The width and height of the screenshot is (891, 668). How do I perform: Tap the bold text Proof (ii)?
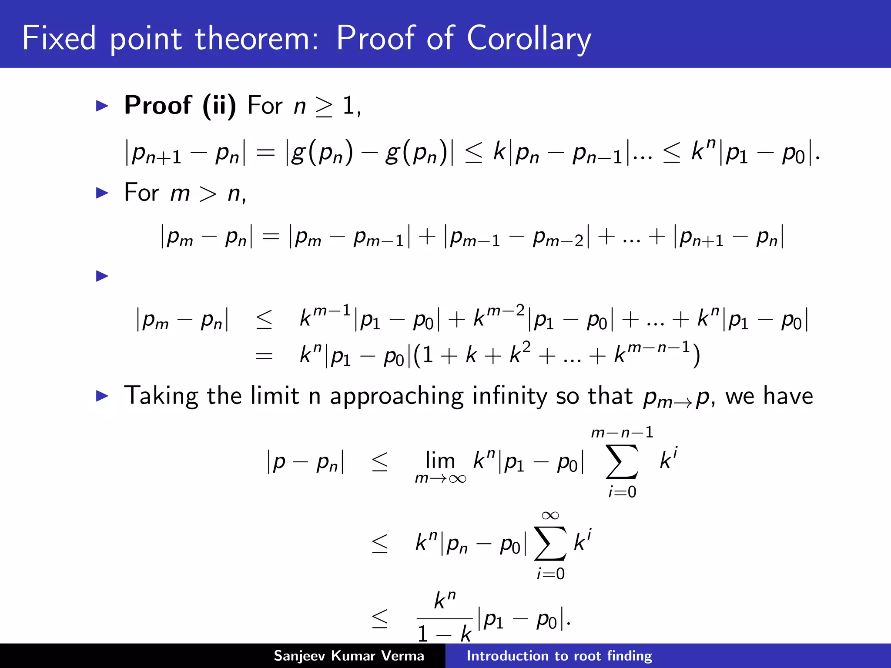180,105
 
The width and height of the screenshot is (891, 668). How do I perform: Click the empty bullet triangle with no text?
102,276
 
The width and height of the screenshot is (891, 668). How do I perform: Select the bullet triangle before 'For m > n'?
102,193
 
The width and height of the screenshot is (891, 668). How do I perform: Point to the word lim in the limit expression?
440,460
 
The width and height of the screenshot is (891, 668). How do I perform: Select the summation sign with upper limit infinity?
550,544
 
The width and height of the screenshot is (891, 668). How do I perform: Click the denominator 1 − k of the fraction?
444,634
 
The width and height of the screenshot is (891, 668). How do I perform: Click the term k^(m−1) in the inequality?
325,316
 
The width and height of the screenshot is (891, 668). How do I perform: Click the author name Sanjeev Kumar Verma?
348,656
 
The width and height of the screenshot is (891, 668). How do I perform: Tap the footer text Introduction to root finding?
559,656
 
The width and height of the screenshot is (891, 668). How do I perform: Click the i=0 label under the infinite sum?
550,574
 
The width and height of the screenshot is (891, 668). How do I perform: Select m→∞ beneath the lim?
440,479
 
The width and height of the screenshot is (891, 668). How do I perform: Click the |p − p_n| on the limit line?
305,462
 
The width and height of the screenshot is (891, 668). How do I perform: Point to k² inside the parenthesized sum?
520,353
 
